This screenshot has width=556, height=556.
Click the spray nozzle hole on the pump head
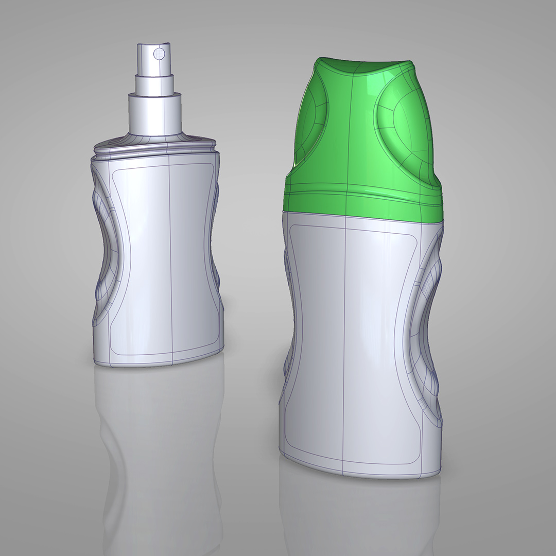coord(160,52)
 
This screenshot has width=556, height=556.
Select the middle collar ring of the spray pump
coord(154,84)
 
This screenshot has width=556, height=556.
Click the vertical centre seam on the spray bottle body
coord(170,257)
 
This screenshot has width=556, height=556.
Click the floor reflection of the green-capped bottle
coord(360,515)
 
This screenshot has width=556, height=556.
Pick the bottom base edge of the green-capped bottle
coord(360,471)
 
